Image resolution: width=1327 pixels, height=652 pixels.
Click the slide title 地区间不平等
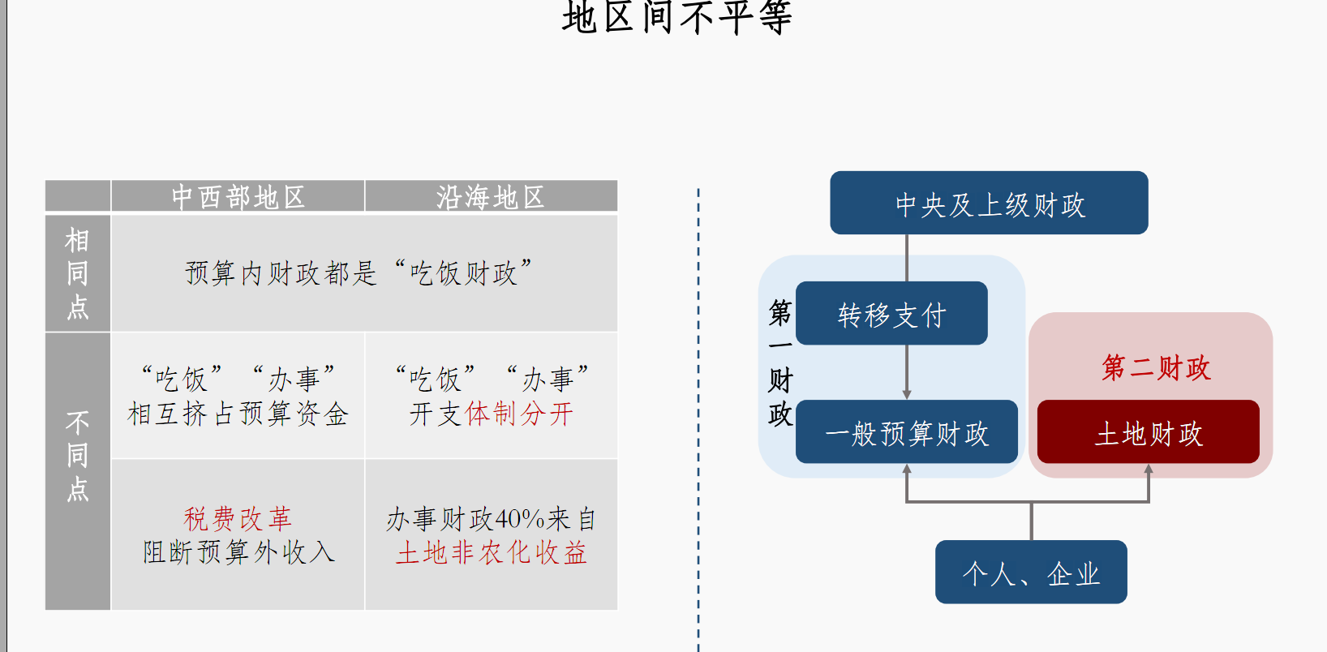(676, 17)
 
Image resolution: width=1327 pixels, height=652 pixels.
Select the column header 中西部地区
(238, 197)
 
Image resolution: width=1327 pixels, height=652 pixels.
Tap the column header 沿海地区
(491, 197)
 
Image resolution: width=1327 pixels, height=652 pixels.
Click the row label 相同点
(78, 273)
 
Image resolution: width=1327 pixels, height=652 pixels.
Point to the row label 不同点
(78, 455)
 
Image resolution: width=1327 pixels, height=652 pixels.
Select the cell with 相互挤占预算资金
(238, 414)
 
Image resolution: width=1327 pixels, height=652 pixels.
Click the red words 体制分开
(519, 414)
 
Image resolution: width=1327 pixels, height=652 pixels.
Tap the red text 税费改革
(238, 518)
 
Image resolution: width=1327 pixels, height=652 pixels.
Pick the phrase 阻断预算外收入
(238, 552)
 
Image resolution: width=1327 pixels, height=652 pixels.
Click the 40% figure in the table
(519, 518)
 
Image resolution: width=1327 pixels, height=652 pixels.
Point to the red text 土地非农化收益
(491, 553)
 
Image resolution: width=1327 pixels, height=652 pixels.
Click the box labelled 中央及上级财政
(989, 204)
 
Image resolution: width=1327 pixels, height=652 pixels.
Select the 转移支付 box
(891, 314)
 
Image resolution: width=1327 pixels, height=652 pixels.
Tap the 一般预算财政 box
(906, 432)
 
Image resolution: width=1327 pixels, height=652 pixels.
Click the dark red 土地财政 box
(1148, 432)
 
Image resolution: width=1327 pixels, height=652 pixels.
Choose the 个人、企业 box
(1031, 573)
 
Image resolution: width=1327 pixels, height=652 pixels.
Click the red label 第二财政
(1156, 367)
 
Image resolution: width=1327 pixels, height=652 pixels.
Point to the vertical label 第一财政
(779, 362)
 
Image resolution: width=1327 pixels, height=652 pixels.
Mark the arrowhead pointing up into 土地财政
(1149, 470)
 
